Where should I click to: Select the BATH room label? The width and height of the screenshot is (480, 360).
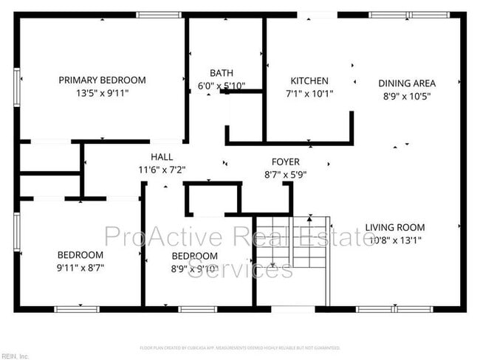click(x=222, y=72)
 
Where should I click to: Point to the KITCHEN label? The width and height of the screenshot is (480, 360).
click(x=309, y=80)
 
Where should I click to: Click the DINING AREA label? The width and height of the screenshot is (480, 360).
click(x=407, y=83)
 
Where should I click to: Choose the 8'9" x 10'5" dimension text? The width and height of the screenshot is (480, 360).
click(x=407, y=95)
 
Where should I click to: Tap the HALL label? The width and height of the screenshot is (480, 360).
click(x=162, y=156)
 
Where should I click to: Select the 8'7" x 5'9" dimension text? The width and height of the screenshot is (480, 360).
click(x=285, y=175)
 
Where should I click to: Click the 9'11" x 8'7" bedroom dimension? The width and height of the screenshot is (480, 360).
click(x=80, y=268)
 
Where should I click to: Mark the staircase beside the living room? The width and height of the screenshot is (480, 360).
click(x=292, y=243)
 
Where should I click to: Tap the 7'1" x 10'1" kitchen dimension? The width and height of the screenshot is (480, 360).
click(x=309, y=94)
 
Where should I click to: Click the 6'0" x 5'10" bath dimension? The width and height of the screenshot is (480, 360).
click(x=222, y=85)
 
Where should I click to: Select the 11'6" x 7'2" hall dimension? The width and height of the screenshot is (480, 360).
click(x=162, y=169)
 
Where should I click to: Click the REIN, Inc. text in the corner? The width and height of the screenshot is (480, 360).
click(x=15, y=356)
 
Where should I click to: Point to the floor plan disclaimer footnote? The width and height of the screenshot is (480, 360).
click(x=240, y=347)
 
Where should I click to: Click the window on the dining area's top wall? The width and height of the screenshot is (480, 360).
click(x=402, y=15)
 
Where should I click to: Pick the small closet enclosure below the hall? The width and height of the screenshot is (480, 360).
click(x=213, y=198)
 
